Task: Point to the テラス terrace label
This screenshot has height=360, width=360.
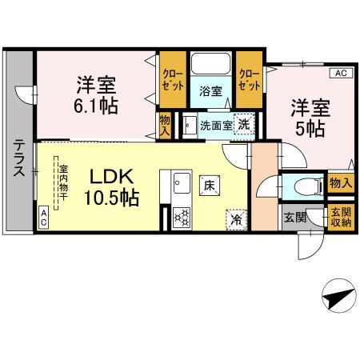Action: click(18, 157)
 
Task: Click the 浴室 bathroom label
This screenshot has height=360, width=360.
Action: click(210, 90)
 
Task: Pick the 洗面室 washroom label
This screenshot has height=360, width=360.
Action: click(215, 126)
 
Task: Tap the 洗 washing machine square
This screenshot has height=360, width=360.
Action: click(242, 124)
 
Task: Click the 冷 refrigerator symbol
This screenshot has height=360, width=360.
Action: click(236, 216)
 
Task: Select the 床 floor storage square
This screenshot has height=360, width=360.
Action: click(210, 184)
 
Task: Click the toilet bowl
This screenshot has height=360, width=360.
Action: click(305, 186)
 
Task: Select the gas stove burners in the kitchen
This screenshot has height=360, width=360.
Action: click(180, 215)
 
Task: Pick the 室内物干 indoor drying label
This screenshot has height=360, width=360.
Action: click(62, 183)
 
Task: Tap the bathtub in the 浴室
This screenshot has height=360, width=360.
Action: click(210, 64)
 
